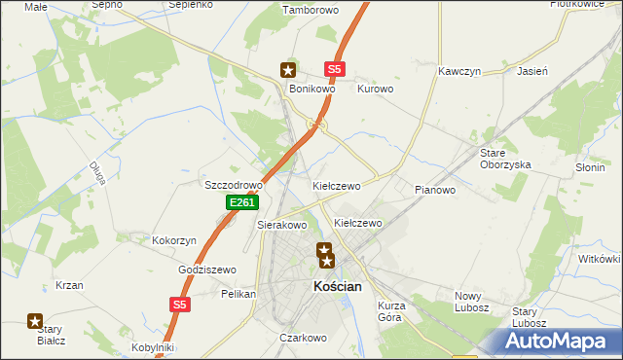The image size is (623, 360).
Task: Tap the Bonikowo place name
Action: click(x=311, y=89)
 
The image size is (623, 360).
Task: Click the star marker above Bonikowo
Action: click(x=288, y=70)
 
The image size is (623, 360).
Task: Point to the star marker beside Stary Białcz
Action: click(x=35, y=320)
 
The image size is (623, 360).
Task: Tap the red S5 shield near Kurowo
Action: click(x=335, y=70)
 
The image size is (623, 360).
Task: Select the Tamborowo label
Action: click(x=309, y=11)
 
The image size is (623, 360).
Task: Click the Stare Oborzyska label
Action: click(x=505, y=159)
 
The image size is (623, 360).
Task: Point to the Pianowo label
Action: click(x=435, y=190)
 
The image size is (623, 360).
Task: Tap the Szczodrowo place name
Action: click(x=234, y=185)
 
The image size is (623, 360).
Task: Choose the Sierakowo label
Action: click(x=281, y=225)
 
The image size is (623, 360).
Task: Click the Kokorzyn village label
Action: click(x=174, y=240)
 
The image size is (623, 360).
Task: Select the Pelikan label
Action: click(x=238, y=293)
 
